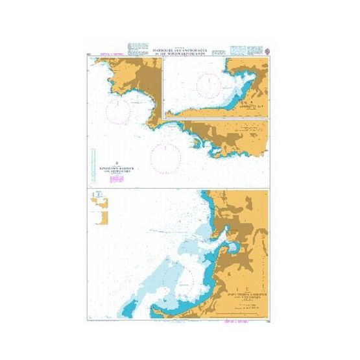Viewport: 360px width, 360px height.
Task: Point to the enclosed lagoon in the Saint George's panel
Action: click(x=232, y=249)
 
